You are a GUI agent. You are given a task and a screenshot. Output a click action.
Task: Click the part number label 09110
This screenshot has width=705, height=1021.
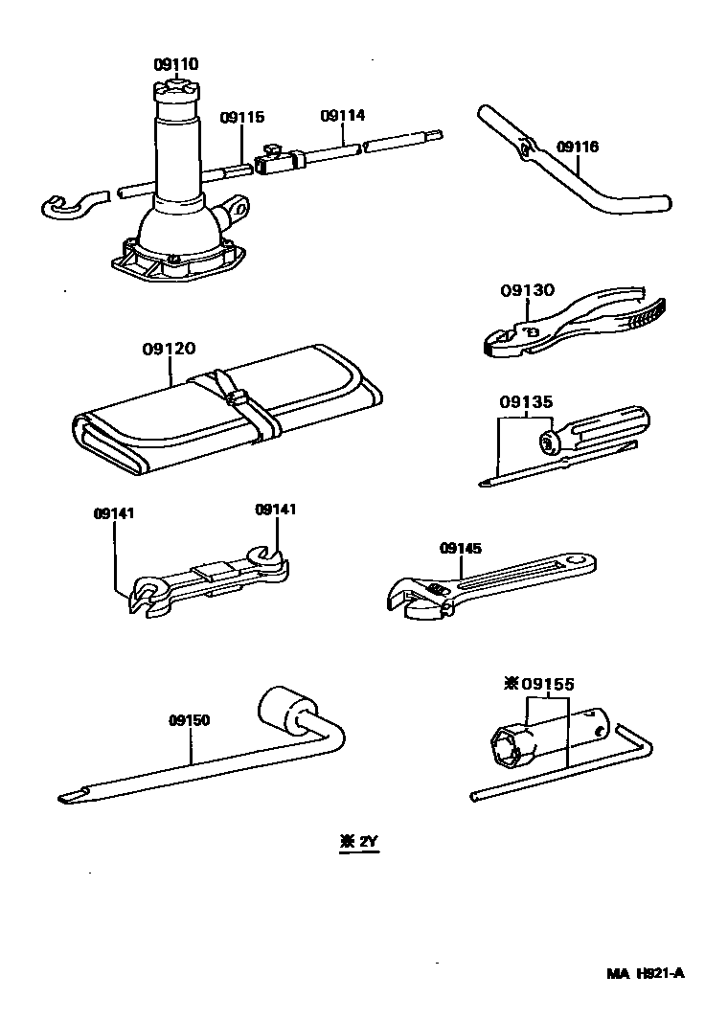coord(175,65)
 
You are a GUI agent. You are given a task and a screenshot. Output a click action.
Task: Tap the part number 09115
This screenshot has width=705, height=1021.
coord(241,118)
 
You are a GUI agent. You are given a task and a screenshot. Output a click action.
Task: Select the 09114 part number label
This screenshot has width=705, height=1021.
coord(343,116)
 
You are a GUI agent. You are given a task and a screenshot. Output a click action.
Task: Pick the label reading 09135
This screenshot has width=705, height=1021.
coord(525,402)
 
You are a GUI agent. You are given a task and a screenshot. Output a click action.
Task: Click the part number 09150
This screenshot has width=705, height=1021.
coord(189,720)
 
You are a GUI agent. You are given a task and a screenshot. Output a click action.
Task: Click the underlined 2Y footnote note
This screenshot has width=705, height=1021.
coord(359,843)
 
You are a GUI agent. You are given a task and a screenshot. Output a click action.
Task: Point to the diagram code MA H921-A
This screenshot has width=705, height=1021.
coord(646,974)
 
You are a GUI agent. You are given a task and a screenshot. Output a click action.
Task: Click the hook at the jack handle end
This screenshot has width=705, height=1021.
coord(69,203)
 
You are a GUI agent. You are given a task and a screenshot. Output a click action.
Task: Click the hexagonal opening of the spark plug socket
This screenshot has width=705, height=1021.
coord(505,746)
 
